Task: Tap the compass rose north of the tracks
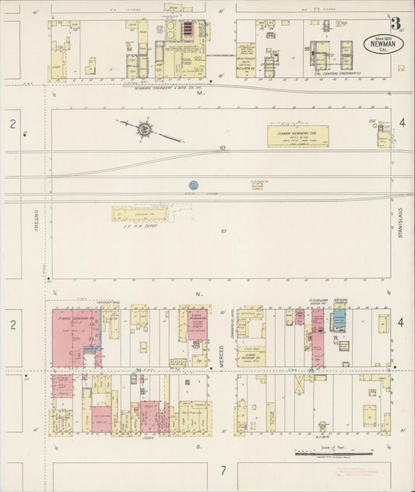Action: [x=145, y=129]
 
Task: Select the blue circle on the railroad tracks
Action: [x=193, y=185]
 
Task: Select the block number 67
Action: [x=223, y=232]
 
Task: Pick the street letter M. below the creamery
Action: [x=199, y=94]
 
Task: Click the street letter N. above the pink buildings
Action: [x=199, y=293]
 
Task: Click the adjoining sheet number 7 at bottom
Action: [x=223, y=470]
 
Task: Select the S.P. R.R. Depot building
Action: [x=140, y=213]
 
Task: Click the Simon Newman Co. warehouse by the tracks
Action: [x=298, y=135]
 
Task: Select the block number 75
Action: [x=312, y=370]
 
